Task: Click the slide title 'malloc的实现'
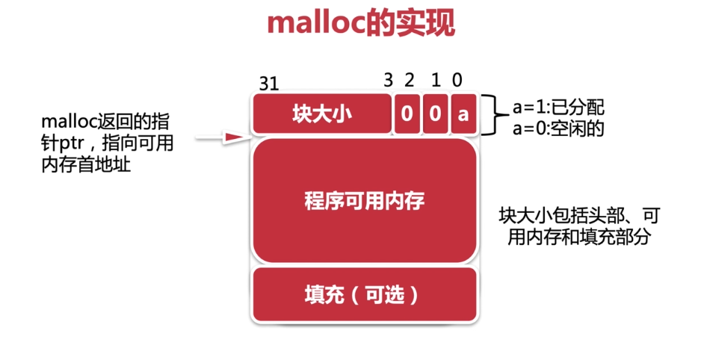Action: pyautogui.click(x=361, y=23)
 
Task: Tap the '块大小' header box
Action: pyautogui.click(x=322, y=114)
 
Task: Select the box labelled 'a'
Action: pyautogui.click(x=463, y=114)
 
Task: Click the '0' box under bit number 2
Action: pyautogui.click(x=407, y=114)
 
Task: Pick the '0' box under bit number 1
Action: pyautogui.click(x=435, y=114)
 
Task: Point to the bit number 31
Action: pyautogui.click(x=269, y=84)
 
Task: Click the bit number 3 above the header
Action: pyautogui.click(x=389, y=81)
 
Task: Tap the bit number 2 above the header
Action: pyautogui.click(x=409, y=81)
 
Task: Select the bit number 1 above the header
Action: pyautogui.click(x=436, y=81)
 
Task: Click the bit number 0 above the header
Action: pyautogui.click(x=457, y=81)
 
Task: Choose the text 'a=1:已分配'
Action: pyautogui.click(x=558, y=108)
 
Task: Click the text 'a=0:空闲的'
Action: pyautogui.click(x=558, y=128)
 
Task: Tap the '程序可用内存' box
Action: pyautogui.click(x=365, y=201)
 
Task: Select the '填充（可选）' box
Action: pyautogui.click(x=365, y=295)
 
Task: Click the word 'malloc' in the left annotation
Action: pyautogui.click(x=69, y=122)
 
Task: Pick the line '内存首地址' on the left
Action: pyautogui.click(x=86, y=165)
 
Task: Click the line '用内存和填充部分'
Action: pyautogui.click(x=579, y=237)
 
